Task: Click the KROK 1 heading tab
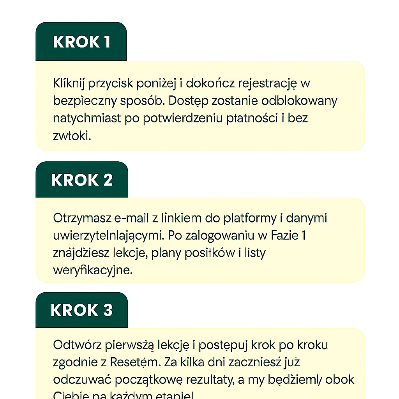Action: (81, 42)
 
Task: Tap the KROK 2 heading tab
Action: (82, 180)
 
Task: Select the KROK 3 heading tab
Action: (81, 310)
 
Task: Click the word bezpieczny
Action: (84, 101)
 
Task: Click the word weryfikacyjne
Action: (93, 270)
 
